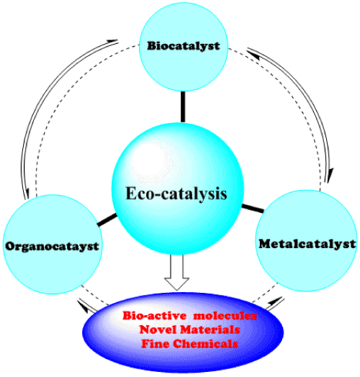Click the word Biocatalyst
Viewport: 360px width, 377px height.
(x=184, y=45)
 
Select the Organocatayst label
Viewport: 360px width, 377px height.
(x=52, y=246)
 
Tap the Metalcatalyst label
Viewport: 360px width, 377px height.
(x=307, y=244)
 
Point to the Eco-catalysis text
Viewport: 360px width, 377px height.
(x=176, y=194)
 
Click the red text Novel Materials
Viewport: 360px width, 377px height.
(x=189, y=330)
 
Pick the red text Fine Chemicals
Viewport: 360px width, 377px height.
(x=189, y=344)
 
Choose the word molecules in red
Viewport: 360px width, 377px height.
(x=225, y=316)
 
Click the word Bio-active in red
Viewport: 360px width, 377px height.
(x=155, y=316)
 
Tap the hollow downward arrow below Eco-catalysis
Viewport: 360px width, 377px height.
(x=176, y=272)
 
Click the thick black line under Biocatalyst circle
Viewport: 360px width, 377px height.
(x=183, y=106)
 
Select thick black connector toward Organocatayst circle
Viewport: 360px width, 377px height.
(x=107, y=220)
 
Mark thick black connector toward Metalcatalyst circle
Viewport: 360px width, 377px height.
(x=253, y=208)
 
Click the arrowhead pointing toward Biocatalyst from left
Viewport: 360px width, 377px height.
(x=112, y=41)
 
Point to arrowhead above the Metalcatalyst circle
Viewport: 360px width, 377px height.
(x=330, y=176)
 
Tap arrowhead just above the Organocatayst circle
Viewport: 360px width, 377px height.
(x=27, y=193)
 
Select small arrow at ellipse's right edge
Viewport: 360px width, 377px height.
(x=275, y=303)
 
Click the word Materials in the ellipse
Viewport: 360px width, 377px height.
(x=210, y=330)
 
